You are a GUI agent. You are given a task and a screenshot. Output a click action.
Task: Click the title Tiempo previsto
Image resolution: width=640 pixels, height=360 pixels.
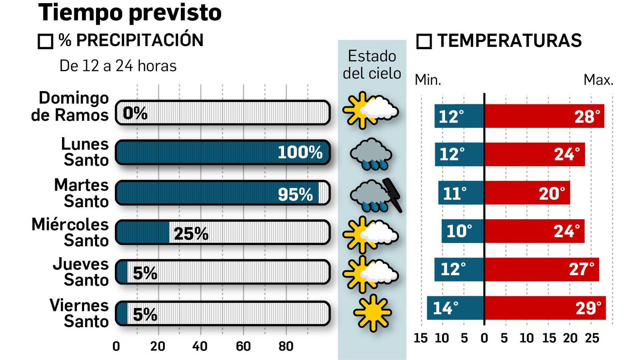click(130, 13)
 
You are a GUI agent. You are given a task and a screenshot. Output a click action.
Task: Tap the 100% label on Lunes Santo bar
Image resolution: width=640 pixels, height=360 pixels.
click(300, 152)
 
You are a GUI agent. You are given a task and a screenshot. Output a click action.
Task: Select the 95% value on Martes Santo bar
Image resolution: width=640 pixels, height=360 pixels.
click(295, 194)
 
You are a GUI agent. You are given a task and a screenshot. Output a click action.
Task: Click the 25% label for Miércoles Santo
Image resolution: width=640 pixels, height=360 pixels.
click(191, 234)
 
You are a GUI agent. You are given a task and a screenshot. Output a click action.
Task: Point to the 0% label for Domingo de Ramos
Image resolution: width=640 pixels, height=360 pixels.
click(135, 113)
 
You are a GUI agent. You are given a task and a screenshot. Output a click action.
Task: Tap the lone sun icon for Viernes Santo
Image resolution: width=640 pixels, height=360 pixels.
click(372, 313)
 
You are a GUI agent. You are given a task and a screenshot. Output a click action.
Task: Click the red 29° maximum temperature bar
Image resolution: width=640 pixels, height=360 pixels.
click(545, 308)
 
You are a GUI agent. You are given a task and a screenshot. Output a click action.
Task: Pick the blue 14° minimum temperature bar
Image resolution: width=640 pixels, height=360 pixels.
click(455, 308)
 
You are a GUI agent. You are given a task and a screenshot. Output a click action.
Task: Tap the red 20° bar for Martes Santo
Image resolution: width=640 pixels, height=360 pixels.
click(527, 193)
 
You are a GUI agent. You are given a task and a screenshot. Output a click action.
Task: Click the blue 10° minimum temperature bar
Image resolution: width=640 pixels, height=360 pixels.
click(462, 231)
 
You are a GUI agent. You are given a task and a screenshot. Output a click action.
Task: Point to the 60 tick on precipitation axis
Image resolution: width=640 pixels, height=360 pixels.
click(243, 346)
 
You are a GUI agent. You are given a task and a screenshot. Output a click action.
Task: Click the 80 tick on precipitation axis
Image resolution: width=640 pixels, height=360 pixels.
click(286, 346)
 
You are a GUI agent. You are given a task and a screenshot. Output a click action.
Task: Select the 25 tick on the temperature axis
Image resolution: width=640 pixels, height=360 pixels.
click(592, 338)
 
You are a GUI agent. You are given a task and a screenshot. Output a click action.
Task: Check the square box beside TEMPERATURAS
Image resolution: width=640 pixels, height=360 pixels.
click(424, 41)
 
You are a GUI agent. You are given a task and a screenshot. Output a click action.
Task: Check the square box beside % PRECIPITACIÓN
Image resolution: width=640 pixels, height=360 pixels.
click(45, 41)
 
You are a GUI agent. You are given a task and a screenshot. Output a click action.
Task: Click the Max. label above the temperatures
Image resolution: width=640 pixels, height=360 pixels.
click(598, 80)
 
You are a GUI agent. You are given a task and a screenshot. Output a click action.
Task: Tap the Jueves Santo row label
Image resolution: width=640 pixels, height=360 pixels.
click(81, 272)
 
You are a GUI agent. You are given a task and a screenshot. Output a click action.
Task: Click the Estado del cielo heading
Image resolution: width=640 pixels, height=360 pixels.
click(372, 65)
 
